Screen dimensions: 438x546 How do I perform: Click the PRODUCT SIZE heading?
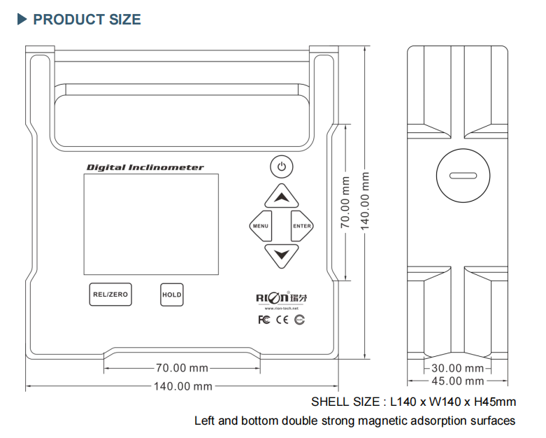click(x=86, y=20)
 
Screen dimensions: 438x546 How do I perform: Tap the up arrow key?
click(x=281, y=197)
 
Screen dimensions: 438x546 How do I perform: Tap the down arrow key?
click(x=281, y=255)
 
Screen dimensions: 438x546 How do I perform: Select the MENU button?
click(x=260, y=226)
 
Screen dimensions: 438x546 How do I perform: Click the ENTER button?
click(x=302, y=226)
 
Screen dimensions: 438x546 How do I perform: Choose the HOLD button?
click(x=171, y=295)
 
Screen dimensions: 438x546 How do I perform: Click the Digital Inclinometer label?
click(x=145, y=167)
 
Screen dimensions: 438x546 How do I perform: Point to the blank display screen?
click(x=151, y=224)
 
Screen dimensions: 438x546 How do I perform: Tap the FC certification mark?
click(x=264, y=320)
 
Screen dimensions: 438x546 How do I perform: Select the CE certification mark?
click(x=282, y=320)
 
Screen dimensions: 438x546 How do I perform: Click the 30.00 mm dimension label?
click(x=457, y=368)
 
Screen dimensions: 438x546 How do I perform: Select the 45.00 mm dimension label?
click(x=457, y=381)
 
